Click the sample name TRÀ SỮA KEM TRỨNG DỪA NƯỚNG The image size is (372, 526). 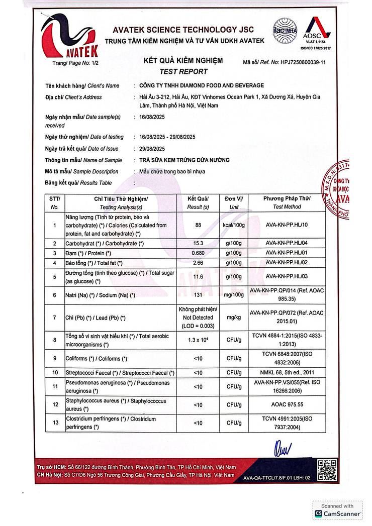pyautogui.click(x=184, y=160)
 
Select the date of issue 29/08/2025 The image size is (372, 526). pyautogui.click(x=152, y=148)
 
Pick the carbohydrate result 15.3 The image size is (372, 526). pyautogui.click(x=198, y=243)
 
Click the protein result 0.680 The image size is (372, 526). pyautogui.click(x=198, y=253)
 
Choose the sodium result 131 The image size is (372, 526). pyautogui.click(x=198, y=295)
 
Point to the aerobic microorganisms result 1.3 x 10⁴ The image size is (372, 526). pyautogui.click(x=198, y=340)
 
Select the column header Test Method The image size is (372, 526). pyautogui.click(x=287, y=206)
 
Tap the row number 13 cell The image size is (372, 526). pyautogui.click(x=55, y=423)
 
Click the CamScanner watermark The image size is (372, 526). pyautogui.click(x=337, y=510)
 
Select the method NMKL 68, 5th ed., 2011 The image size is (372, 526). pyautogui.click(x=287, y=373)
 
